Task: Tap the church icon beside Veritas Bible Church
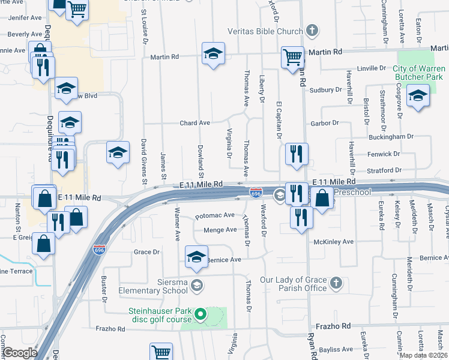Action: click(312, 30)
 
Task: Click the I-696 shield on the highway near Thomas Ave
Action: click(256, 193)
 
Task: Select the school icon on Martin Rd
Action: click(213, 54)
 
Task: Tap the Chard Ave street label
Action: click(195, 123)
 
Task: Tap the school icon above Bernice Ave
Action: click(196, 257)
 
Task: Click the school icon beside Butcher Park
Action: click(418, 95)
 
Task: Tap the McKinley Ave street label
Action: click(334, 242)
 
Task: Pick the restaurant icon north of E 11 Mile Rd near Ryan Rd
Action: click(297, 154)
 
